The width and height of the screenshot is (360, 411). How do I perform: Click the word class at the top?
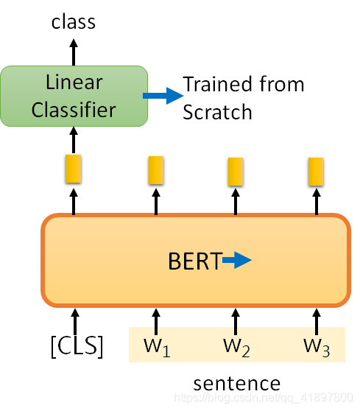point(74,22)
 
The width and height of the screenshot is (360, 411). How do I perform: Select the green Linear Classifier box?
point(74,96)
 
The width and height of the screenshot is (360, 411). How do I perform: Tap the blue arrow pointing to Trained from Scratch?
point(163,96)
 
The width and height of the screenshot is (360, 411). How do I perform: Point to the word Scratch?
point(217,112)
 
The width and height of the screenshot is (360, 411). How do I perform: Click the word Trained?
point(219,84)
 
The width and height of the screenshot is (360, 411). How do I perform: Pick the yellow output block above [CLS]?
point(73,169)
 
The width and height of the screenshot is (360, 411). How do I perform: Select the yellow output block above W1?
point(156,170)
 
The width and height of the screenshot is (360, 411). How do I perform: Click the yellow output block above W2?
point(236,172)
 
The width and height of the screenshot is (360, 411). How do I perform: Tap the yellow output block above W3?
point(316,172)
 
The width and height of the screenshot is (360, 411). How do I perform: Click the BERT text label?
point(195,261)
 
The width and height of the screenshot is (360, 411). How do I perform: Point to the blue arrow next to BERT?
point(237,260)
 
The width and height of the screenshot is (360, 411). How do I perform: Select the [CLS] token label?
point(77,346)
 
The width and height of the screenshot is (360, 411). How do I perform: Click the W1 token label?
point(157,348)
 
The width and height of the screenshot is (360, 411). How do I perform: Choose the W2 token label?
point(236,348)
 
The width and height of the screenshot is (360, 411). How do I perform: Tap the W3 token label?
point(317,348)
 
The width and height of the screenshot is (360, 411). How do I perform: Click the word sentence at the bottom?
point(237,384)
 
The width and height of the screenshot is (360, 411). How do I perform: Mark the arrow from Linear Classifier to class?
point(74,52)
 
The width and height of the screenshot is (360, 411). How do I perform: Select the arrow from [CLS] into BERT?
point(75,322)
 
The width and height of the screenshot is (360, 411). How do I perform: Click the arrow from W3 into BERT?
point(317,322)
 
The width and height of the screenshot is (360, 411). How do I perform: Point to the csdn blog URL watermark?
point(264,398)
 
